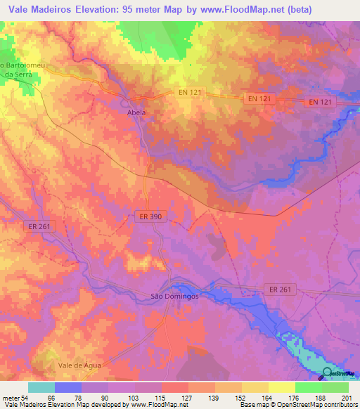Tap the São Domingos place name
pos(176,297)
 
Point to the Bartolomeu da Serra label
pos(24,70)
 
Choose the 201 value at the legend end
pos(345,398)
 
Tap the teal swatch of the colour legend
pos(41,387)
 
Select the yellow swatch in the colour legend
pos(281,387)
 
